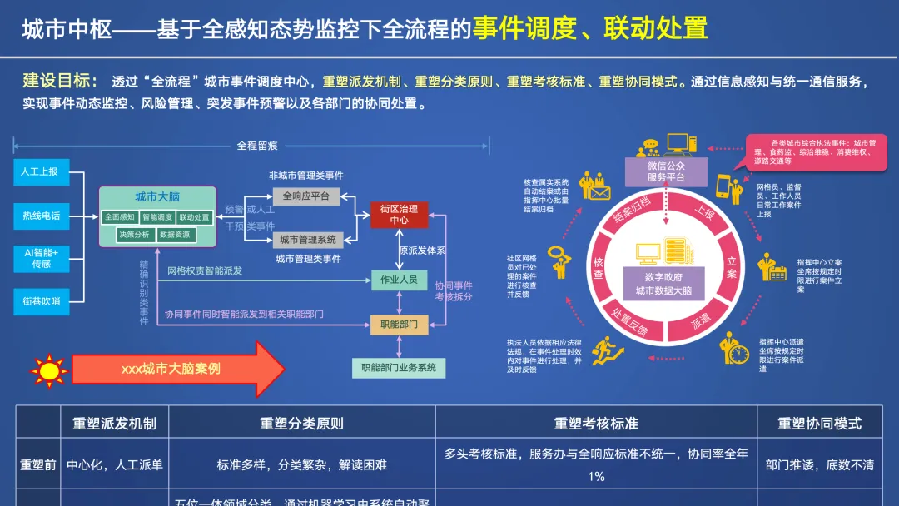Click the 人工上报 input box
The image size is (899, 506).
(40, 171)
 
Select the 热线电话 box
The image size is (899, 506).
(40, 216)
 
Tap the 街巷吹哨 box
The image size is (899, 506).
(40, 301)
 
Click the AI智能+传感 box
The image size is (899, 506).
(40, 258)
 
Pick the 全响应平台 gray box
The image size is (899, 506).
(305, 196)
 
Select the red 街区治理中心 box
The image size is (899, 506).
(399, 215)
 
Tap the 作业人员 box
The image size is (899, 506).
(399, 280)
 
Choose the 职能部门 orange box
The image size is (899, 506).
(399, 324)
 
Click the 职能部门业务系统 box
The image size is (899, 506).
(398, 367)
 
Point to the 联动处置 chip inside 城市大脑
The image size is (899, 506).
(194, 217)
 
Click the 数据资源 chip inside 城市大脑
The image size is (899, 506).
(175, 235)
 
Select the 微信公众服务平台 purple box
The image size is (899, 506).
(665, 171)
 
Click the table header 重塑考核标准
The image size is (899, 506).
(596, 424)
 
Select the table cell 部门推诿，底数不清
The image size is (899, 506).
(819, 465)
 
